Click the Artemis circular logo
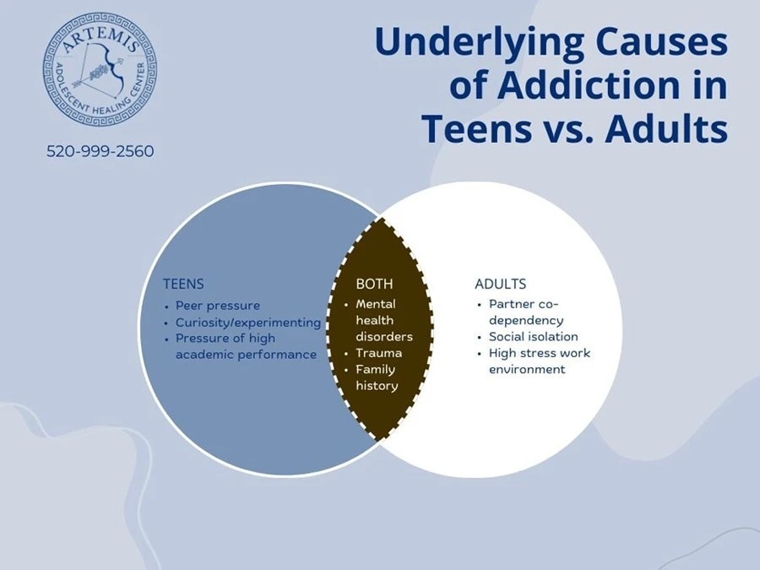[x=100, y=70]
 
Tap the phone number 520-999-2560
[x=100, y=151]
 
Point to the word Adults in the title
[x=666, y=128]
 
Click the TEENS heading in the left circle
[x=183, y=284]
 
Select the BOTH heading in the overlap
[x=374, y=284]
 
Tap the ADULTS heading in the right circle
[x=500, y=284]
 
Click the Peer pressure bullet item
[x=218, y=306]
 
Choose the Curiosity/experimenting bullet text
[x=248, y=323]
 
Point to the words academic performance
[x=246, y=355]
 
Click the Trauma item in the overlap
[x=379, y=353]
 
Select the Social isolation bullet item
[x=533, y=336]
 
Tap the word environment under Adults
[x=527, y=369]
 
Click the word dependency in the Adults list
[x=526, y=321]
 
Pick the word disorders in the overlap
[x=384, y=336]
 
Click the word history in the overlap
[x=377, y=386]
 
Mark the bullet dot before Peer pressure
[x=166, y=307]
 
